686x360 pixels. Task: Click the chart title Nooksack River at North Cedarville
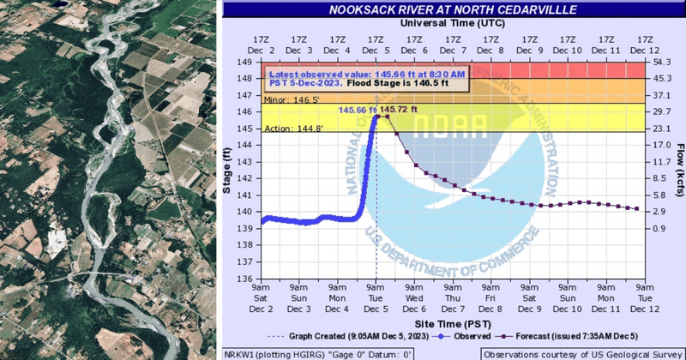[x=454, y=11]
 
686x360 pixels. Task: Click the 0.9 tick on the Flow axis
[x=660, y=229]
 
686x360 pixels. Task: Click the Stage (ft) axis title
[x=229, y=171]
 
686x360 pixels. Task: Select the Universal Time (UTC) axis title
[x=454, y=24]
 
